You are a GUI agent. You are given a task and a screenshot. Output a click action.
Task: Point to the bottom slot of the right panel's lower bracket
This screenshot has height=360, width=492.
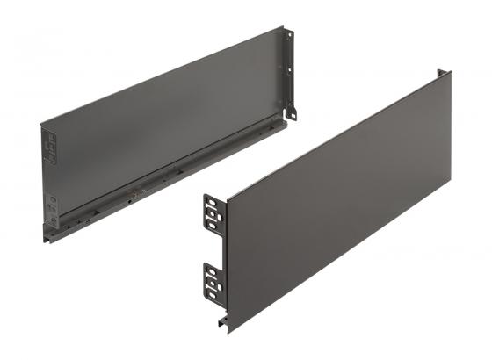coord(213,295)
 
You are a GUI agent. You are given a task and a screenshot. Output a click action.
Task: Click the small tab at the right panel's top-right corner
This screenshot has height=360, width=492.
coord(446,72)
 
